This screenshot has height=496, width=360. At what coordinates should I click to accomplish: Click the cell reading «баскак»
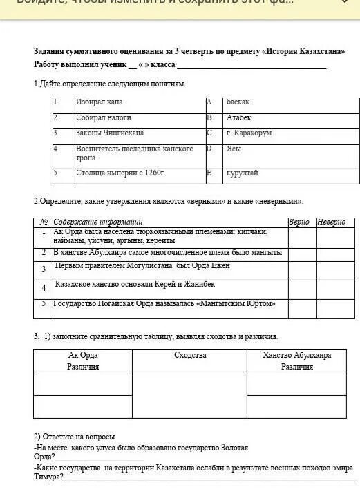point(238,102)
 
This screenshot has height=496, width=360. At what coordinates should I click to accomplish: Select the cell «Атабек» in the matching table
point(239,118)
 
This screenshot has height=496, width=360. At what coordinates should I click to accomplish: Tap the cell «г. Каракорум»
point(249,133)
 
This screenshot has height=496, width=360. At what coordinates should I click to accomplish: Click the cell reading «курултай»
point(242,173)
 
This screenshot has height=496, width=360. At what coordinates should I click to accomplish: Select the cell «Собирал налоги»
point(103,118)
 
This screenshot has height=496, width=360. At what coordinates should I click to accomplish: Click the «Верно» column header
point(299,222)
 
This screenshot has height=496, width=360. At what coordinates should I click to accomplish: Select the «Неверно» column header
point(332,222)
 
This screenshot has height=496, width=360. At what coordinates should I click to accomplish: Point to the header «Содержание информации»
point(97,222)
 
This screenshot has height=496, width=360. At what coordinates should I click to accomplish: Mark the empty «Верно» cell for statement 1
point(301,237)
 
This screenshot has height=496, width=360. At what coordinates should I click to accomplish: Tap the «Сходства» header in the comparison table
point(189,355)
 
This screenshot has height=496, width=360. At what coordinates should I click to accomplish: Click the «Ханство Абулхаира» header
point(296,355)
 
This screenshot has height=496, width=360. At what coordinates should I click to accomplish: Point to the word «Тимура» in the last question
point(48,477)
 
